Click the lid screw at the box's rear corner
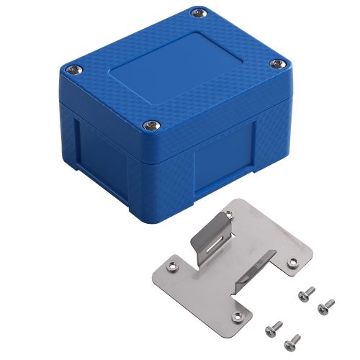pos(198,12)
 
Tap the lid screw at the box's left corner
pos(75,69)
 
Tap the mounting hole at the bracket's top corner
pos(229,215)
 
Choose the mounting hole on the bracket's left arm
pos(172,267)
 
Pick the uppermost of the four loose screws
pos(306,292)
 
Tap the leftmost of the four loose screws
pos(272,328)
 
